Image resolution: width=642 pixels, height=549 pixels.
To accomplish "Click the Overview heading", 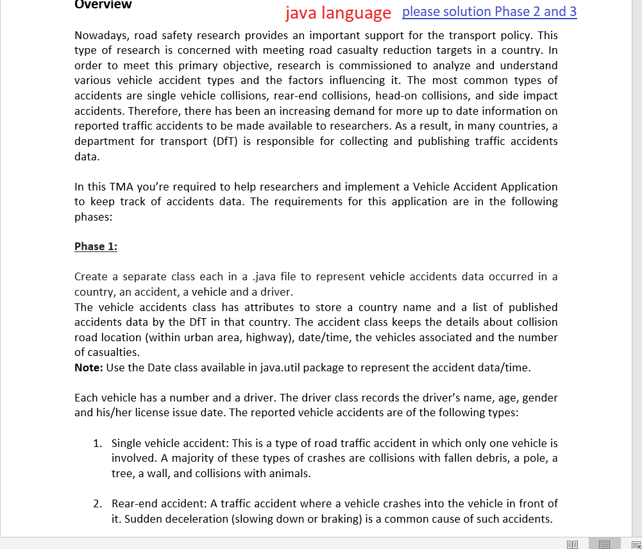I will point(103,5).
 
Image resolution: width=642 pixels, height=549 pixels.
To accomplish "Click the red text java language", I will point(338,13).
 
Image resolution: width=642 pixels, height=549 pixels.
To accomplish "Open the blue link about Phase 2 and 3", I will point(489,12).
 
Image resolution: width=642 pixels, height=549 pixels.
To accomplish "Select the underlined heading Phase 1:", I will point(96,247).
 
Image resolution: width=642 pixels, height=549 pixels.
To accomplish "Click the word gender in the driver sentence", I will point(541,398).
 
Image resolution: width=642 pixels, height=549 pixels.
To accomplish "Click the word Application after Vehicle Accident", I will point(529,187).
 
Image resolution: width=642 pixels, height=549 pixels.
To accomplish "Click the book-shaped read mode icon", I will point(573,544).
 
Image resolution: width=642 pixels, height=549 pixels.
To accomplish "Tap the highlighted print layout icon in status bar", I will point(604,544).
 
